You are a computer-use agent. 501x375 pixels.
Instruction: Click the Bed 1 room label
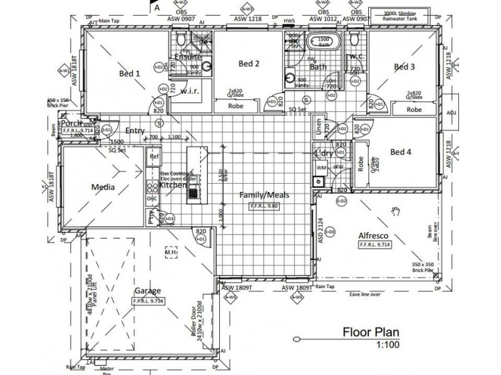click(x=129, y=73)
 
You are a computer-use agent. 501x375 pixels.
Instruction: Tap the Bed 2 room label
click(x=249, y=64)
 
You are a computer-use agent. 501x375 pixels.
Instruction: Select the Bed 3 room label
click(x=404, y=66)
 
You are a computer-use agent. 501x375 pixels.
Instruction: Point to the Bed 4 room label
click(x=401, y=152)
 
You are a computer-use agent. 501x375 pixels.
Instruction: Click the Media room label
click(x=102, y=186)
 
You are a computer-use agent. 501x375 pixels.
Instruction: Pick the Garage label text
click(x=148, y=291)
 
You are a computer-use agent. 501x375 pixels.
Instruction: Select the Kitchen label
click(x=173, y=185)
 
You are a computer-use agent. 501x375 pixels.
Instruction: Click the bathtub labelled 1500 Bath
click(x=323, y=42)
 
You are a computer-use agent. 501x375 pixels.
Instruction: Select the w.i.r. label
click(x=190, y=91)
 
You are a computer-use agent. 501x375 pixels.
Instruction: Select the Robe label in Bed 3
click(x=414, y=109)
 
